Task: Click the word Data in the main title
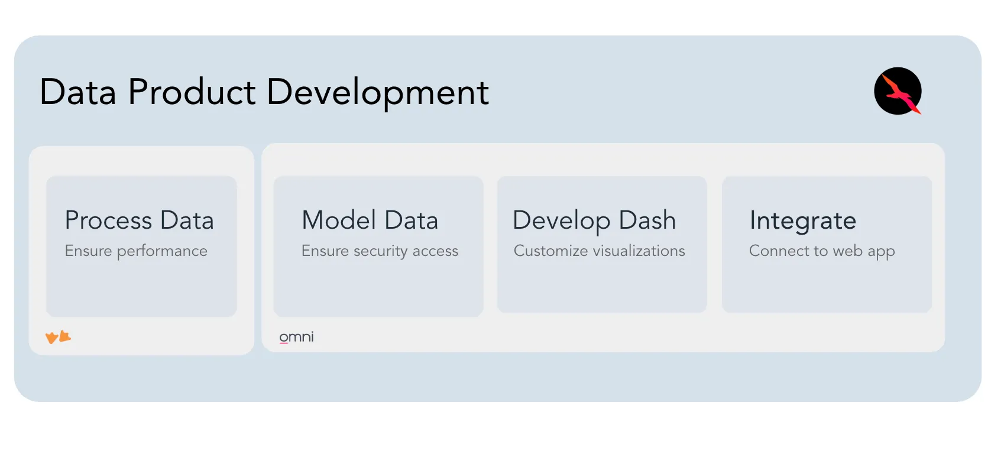(x=78, y=92)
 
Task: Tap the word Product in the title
(x=192, y=92)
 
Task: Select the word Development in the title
(x=378, y=93)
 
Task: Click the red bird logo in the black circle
(x=898, y=92)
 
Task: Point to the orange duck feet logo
(x=59, y=337)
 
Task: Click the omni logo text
(x=296, y=337)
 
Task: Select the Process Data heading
(x=140, y=220)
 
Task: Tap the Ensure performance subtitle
(x=136, y=251)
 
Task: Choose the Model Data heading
(x=370, y=220)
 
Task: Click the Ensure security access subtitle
(x=380, y=251)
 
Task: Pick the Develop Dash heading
(x=594, y=220)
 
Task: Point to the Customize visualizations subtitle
(x=599, y=251)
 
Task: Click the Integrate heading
(x=803, y=221)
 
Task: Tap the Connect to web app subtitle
(x=822, y=251)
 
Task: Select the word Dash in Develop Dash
(x=647, y=220)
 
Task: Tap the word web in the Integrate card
(x=847, y=251)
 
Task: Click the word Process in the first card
(x=108, y=220)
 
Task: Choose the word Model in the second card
(x=339, y=220)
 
